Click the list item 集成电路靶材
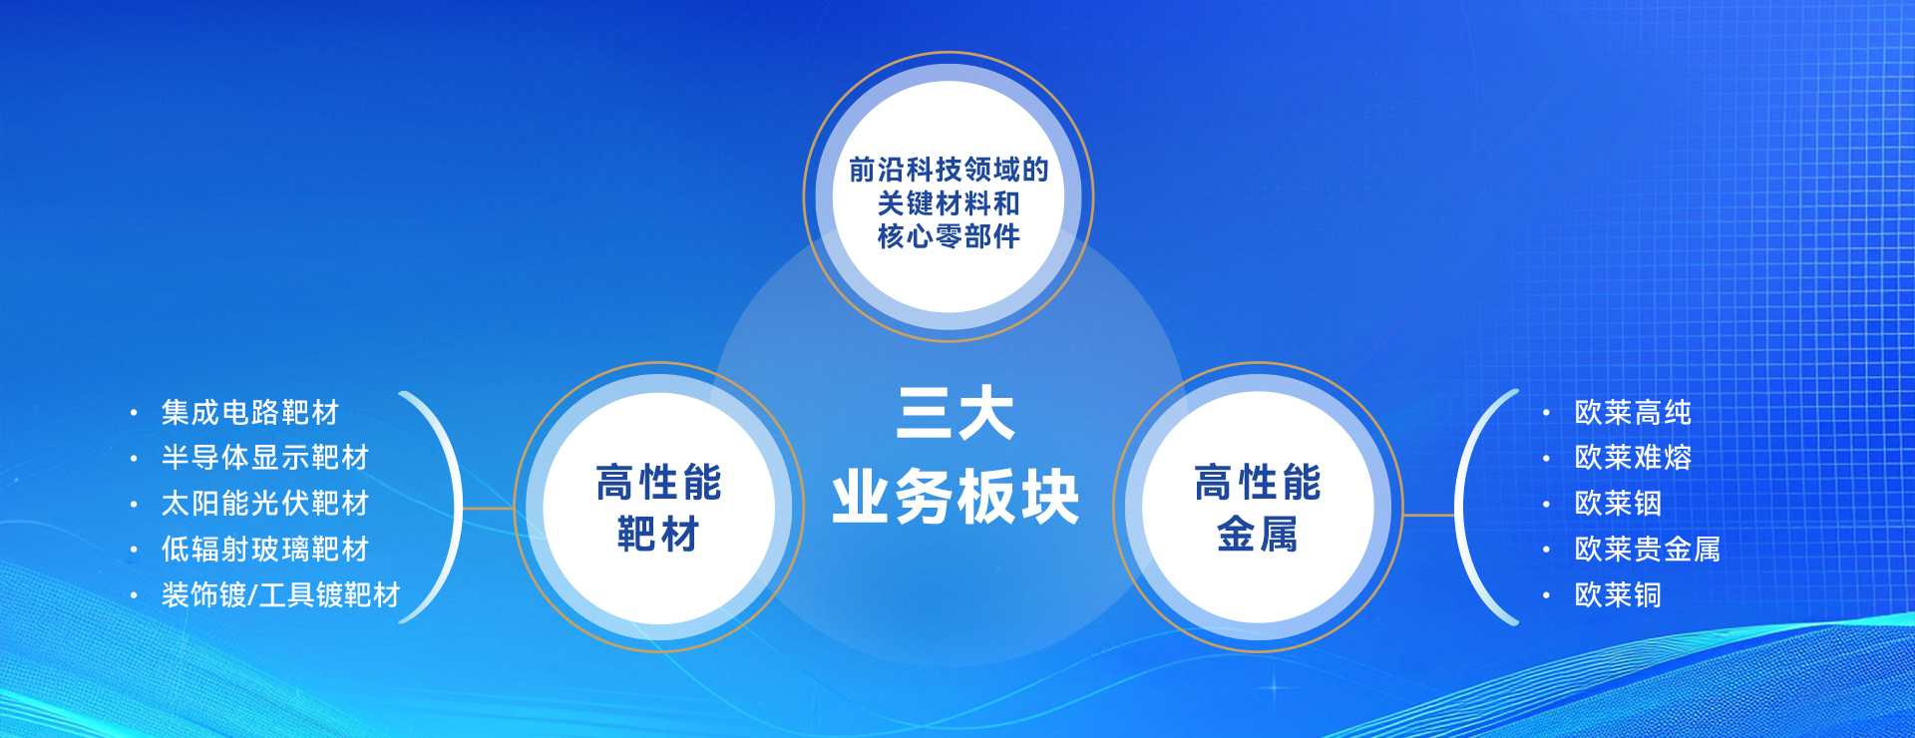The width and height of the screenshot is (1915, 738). coord(250,412)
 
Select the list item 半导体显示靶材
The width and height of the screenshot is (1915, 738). coord(265,458)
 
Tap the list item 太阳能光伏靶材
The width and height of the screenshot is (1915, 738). coord(265,504)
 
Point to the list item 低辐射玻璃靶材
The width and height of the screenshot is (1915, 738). coord(265,550)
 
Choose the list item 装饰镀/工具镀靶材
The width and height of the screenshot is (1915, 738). coord(280,595)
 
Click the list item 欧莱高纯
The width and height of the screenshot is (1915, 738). coord(1633,412)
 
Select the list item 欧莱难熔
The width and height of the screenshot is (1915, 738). coord(1633,458)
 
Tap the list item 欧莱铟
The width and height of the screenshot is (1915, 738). coord(1618,504)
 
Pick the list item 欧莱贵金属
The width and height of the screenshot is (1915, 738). coord(1648,550)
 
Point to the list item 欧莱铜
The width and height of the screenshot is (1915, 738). coord(1618,595)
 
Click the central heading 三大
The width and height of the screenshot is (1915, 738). coord(956,414)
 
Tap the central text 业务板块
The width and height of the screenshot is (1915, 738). coord(956,497)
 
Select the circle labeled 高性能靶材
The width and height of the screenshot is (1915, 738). coord(659,508)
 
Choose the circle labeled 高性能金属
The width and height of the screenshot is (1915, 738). coord(1258,508)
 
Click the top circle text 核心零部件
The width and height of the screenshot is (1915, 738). coord(949,236)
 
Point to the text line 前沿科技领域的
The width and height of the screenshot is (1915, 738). coord(949,170)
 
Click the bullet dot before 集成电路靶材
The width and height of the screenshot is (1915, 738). coord(134,413)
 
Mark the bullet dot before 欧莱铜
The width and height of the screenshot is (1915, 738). coord(1547,596)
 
